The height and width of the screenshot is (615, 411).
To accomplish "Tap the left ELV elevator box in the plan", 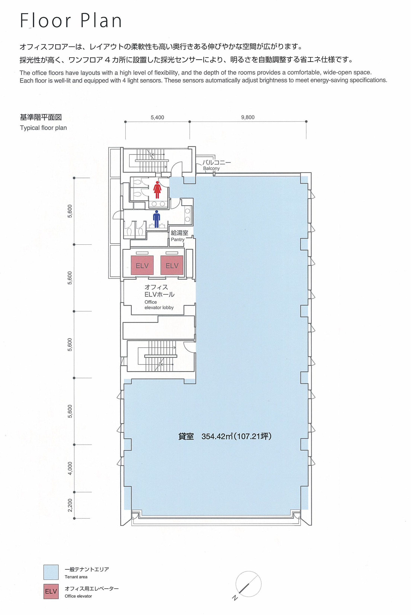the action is (142, 265).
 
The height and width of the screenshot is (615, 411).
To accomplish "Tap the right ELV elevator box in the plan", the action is (172, 265).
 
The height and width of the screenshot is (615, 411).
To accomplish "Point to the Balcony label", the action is (211, 168).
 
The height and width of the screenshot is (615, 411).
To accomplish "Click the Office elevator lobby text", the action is (159, 305).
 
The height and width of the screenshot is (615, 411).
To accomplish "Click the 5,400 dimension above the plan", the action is (157, 117).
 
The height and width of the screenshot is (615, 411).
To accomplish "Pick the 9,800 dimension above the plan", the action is (248, 117).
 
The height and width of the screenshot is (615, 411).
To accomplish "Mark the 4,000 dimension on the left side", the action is (70, 468).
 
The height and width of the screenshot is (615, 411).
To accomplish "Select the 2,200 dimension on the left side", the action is (70, 505).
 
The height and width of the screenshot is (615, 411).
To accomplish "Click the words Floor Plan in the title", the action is (71, 20).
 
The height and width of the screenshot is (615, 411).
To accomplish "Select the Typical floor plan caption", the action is (43, 128).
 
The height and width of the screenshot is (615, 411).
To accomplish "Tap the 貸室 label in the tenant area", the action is (186, 436).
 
